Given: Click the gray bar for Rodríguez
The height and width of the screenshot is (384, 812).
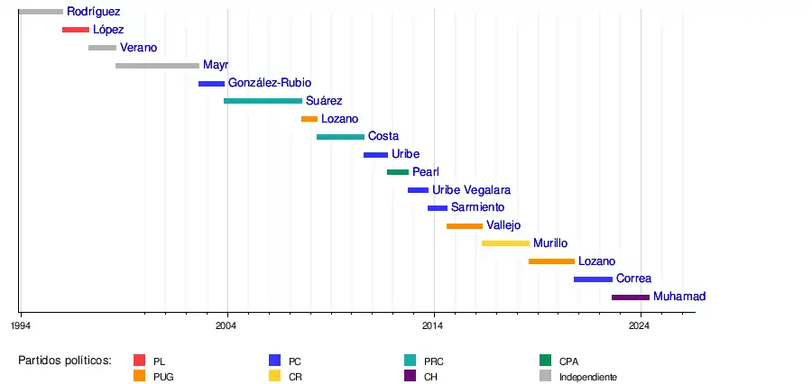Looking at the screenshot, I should (41, 12).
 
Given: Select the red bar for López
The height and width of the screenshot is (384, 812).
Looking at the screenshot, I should (76, 30).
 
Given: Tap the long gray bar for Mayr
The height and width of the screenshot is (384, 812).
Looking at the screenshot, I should (157, 66).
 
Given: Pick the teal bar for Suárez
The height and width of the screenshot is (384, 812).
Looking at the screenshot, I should (263, 101).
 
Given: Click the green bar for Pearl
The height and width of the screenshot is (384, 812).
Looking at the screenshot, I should (398, 172).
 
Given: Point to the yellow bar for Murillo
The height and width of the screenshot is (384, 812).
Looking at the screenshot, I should (505, 243).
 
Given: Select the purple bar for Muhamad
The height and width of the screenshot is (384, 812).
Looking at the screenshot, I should (631, 297).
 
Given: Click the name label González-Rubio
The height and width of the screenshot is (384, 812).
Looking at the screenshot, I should (270, 83).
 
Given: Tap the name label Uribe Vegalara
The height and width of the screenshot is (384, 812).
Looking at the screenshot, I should (472, 190).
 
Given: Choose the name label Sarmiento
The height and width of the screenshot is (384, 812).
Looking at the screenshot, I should (478, 207).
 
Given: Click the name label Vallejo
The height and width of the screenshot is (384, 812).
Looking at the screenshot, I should (503, 225).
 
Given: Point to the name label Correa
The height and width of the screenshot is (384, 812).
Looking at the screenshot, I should (633, 279).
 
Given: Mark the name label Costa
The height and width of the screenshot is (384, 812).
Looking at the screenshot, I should (383, 136).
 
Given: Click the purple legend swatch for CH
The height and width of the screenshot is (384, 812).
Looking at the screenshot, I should (410, 376).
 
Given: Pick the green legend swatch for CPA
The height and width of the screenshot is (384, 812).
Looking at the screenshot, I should (545, 361).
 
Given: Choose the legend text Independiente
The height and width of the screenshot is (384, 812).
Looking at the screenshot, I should (588, 377).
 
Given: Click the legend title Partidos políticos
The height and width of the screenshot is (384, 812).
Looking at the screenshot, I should (65, 361).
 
